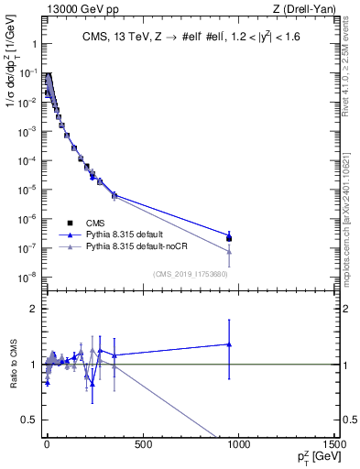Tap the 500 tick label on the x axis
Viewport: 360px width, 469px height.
(142, 443)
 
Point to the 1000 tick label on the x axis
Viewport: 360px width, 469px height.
(238, 443)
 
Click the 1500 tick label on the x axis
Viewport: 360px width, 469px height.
(333, 443)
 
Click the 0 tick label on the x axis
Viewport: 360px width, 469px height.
(46, 443)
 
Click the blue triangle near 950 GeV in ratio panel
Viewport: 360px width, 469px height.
(229, 344)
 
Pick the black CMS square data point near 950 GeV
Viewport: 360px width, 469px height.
(229, 238)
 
